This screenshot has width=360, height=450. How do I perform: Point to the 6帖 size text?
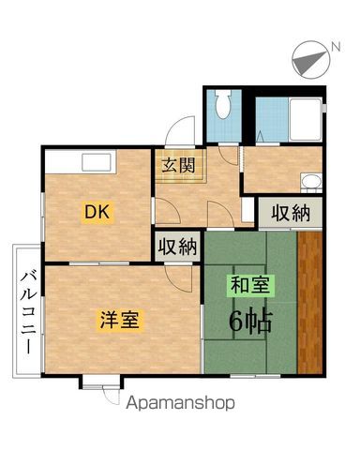pyautogui.click(x=250, y=322)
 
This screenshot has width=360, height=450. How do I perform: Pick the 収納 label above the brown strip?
pyautogui.click(x=291, y=212)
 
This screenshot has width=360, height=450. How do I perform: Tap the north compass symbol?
pyautogui.click(x=308, y=58)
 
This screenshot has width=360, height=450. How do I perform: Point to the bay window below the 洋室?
pyautogui.click(x=100, y=382)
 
